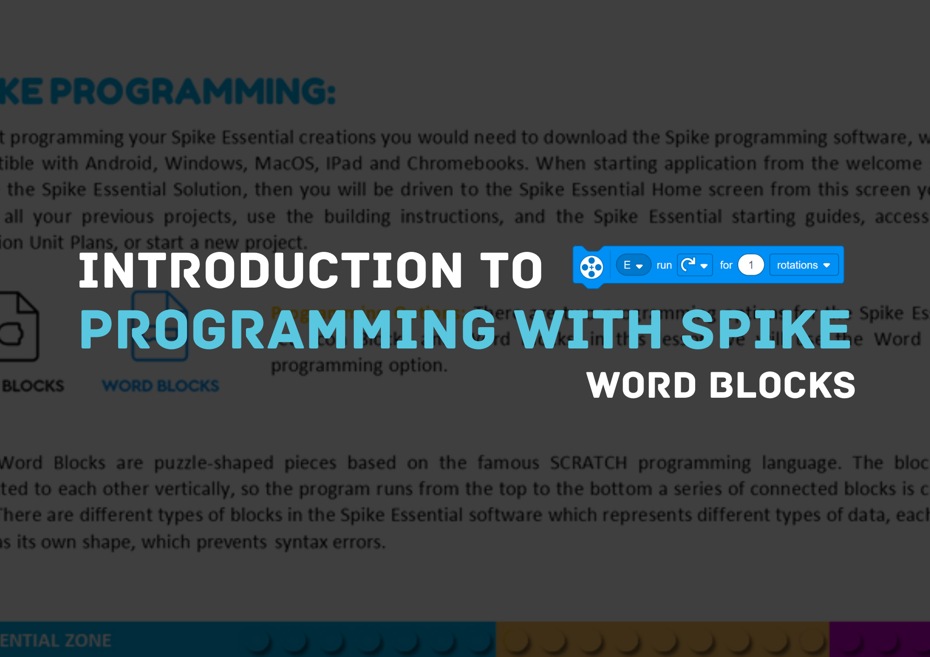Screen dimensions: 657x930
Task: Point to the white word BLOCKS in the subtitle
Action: tap(783, 385)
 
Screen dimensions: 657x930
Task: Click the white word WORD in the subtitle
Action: tap(641, 385)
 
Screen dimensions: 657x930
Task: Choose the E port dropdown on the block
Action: tap(633, 265)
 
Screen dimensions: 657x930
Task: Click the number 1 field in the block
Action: tap(751, 265)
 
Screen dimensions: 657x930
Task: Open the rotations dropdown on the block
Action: tap(803, 265)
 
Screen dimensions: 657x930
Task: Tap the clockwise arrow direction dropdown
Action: tap(694, 265)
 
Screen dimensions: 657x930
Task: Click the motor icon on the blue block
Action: tap(591, 267)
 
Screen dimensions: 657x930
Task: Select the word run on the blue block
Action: tap(664, 265)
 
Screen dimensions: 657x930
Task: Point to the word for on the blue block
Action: tap(726, 265)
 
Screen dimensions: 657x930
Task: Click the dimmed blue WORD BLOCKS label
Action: tap(160, 386)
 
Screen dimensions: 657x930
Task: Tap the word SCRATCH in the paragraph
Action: tap(588, 463)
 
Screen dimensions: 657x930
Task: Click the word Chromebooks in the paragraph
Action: tap(466, 164)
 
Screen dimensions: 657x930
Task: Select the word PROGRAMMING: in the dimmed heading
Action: tap(193, 92)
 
